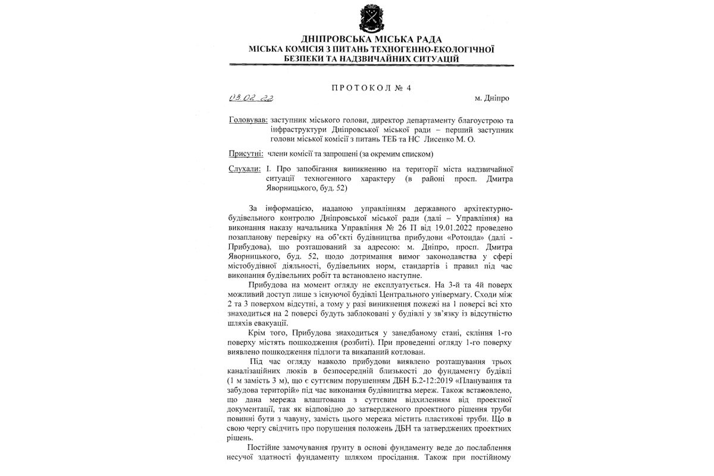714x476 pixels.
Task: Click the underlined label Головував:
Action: [248, 120]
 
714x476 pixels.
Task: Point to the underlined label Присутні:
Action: [246, 154]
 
